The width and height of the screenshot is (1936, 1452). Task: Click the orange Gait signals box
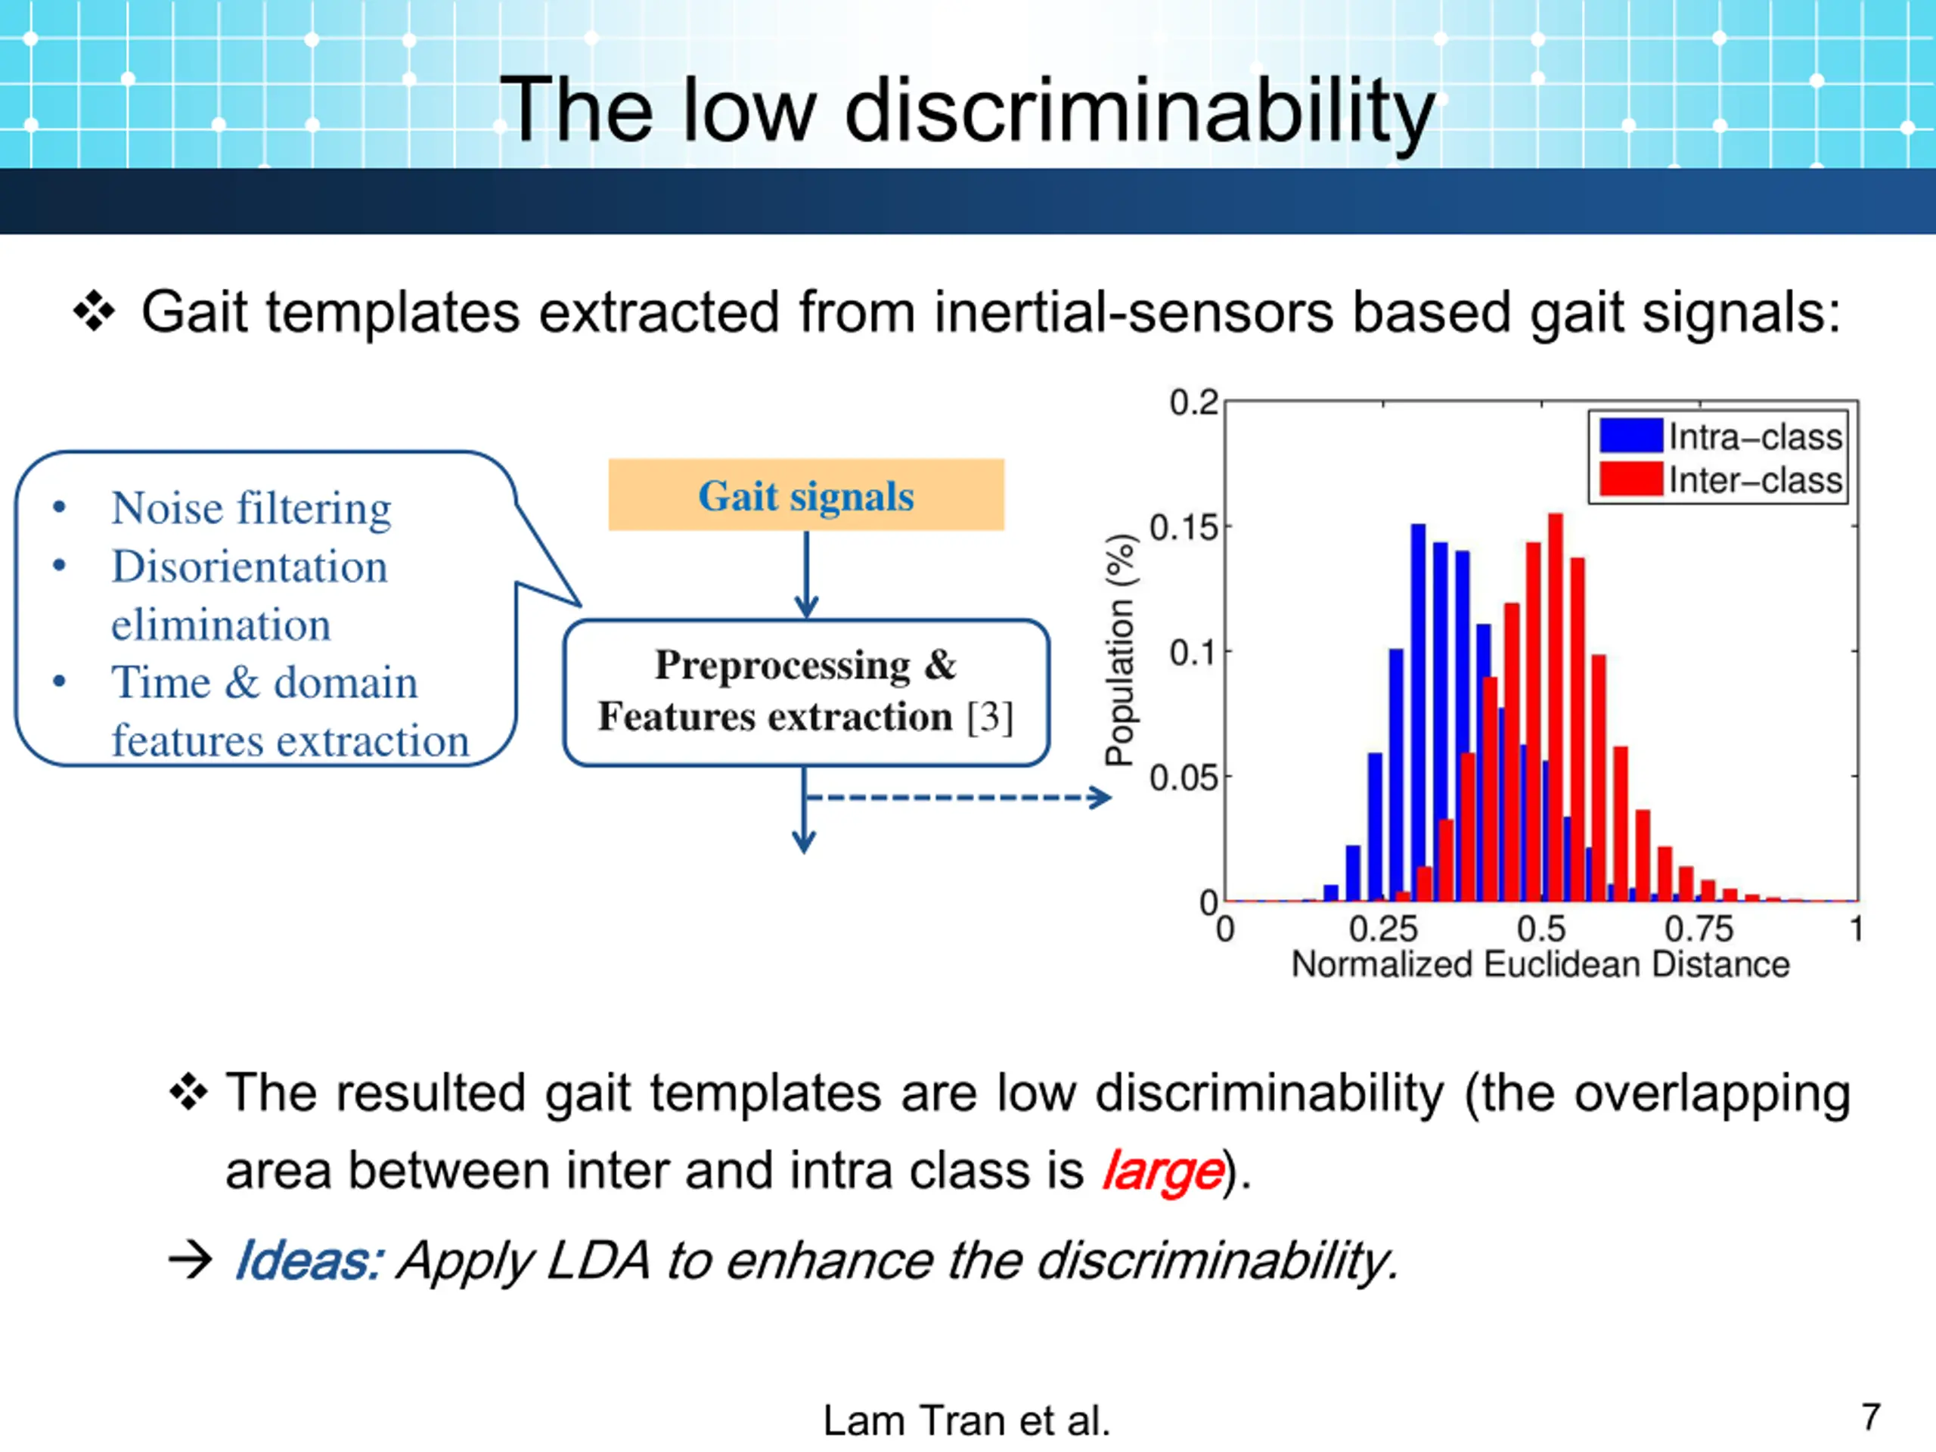[806, 495]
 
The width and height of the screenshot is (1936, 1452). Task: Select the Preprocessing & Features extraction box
[806, 692]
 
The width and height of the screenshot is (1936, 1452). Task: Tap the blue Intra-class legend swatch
[1630, 436]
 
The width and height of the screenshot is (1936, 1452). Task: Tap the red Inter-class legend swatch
[1630, 479]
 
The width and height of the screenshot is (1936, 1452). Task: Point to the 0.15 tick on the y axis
[1184, 528]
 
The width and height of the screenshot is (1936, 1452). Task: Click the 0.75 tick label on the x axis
[1699, 929]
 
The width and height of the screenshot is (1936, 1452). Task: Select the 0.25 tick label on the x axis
[1383, 929]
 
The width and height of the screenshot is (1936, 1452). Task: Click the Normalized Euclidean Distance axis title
[1540, 964]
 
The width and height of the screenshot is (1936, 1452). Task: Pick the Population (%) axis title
[1119, 650]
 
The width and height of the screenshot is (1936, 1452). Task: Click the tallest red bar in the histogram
[1556, 707]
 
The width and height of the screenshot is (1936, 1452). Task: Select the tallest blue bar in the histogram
[1418, 711]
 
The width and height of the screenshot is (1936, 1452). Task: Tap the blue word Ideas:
[308, 1261]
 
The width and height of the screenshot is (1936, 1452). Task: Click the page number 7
[1871, 1416]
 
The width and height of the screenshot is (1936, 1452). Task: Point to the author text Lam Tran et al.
[966, 1420]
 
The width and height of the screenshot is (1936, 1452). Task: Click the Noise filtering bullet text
[251, 508]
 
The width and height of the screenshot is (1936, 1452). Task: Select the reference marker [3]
[990, 718]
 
